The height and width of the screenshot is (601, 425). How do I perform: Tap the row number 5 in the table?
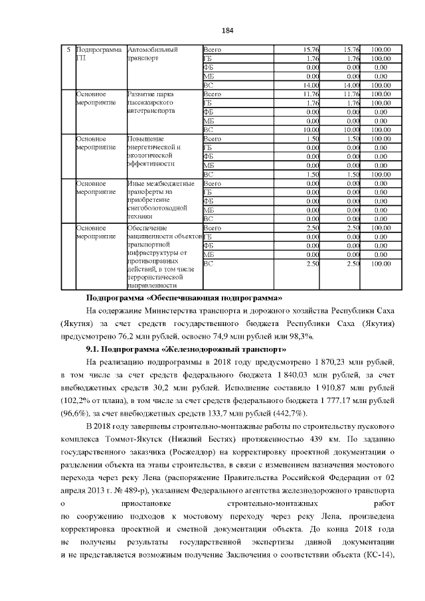point(68,49)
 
